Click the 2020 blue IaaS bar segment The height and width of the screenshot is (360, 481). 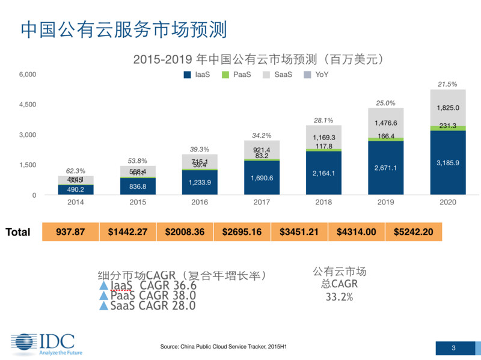coord(448,163)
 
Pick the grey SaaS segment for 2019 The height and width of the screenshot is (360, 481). coord(385,123)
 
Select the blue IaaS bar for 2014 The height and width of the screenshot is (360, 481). coord(75,190)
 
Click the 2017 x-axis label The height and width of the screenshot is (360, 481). coord(262,203)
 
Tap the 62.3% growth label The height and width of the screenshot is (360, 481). coord(75,171)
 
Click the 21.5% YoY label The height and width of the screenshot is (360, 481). coord(447,84)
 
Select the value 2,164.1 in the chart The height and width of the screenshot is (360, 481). coord(323,174)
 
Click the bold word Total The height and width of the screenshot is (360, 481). coord(18,232)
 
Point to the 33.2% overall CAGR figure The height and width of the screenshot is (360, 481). coord(339,297)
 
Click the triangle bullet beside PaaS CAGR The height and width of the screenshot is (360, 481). coord(104,295)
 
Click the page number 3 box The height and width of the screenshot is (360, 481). coord(453,348)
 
